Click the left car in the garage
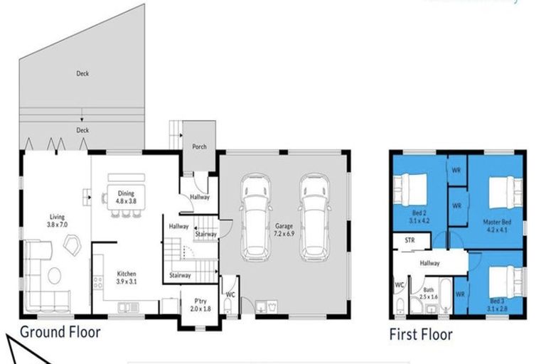(x=255, y=216)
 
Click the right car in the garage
(x=314, y=216)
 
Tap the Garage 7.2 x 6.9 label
(x=284, y=230)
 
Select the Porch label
(x=200, y=147)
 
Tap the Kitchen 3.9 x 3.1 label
(x=127, y=277)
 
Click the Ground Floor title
(x=60, y=332)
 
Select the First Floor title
(x=420, y=334)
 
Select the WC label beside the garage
(x=230, y=294)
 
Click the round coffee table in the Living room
(x=54, y=274)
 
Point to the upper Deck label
(x=82, y=73)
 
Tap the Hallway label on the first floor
(x=429, y=263)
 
